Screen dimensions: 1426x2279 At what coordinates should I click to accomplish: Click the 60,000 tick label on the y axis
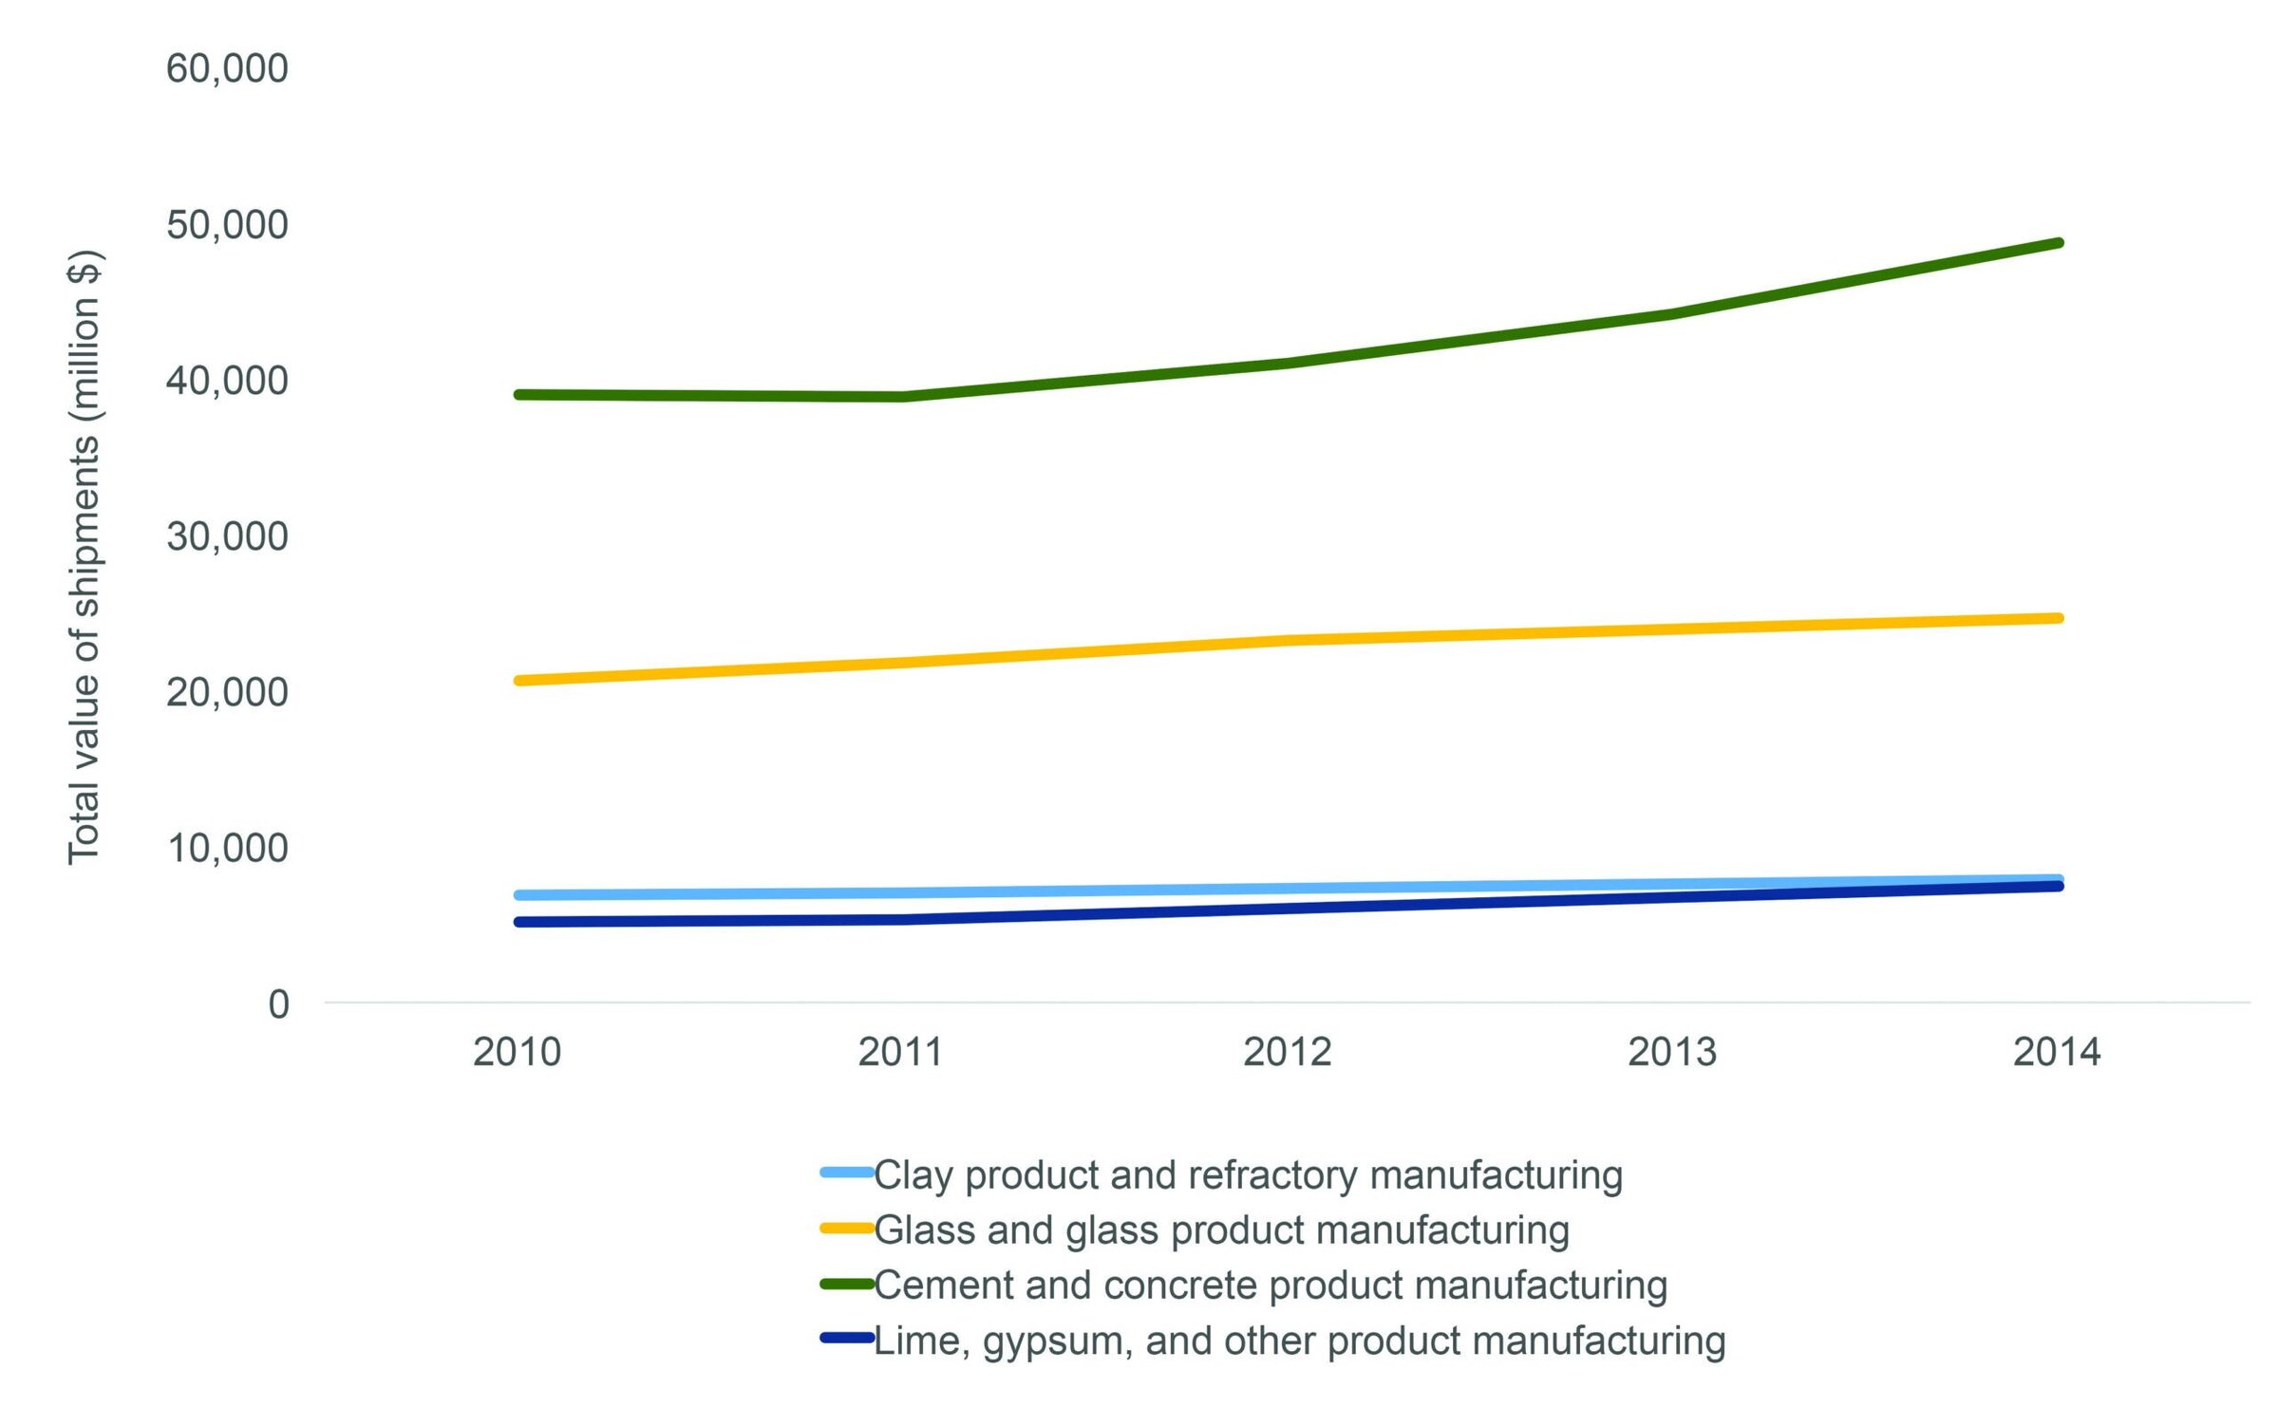227,69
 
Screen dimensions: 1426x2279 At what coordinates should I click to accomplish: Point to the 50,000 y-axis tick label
227,225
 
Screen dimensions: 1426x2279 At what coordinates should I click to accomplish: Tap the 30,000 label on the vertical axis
227,536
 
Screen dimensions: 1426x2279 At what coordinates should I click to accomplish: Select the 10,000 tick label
227,848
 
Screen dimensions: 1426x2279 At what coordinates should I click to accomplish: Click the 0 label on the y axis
278,1004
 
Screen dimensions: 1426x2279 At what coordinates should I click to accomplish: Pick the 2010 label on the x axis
517,1053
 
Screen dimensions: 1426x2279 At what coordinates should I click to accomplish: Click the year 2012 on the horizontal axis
1287,1053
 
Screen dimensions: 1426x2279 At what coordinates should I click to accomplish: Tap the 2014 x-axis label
2057,1053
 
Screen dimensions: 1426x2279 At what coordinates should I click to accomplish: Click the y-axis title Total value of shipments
84,557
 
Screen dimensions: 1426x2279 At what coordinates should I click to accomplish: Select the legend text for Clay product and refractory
1248,1175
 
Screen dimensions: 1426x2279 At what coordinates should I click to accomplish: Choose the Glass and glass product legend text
1221,1230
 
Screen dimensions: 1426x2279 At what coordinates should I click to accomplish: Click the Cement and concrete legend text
1271,1285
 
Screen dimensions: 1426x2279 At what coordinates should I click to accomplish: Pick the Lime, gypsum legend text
1299,1342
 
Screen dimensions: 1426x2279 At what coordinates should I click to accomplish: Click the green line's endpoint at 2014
2058,243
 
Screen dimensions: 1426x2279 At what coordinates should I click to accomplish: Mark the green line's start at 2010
518,394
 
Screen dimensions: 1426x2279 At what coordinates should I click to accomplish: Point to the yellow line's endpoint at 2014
2058,618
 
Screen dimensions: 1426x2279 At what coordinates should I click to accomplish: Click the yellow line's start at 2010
518,681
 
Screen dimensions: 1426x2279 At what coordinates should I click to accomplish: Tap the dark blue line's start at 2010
518,922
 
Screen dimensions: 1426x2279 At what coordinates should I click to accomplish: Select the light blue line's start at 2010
518,895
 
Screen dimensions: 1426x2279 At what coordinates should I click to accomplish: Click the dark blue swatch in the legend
847,1339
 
